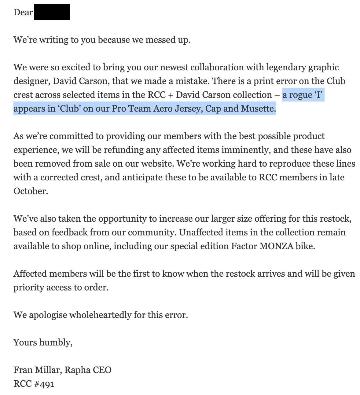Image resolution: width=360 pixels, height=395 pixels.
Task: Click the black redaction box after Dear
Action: [52, 12]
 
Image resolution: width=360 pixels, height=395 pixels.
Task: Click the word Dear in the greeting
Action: [23, 12]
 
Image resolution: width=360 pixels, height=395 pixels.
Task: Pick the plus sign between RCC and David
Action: [171, 95]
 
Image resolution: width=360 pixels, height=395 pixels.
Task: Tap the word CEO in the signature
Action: [102, 370]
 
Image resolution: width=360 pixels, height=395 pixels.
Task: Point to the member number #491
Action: [44, 384]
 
